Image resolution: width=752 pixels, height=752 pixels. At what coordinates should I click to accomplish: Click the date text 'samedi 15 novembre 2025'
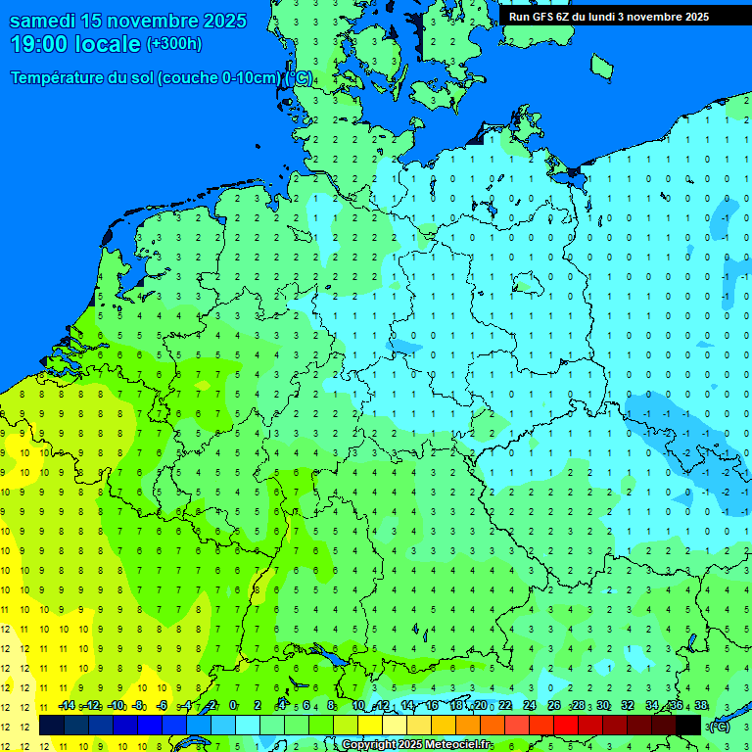coord(127,21)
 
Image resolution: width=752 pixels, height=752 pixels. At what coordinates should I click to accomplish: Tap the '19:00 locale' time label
coord(75,44)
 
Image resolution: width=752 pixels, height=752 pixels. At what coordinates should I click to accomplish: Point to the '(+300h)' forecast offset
coord(173,44)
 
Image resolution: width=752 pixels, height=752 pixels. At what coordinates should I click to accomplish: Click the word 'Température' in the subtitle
coord(58,78)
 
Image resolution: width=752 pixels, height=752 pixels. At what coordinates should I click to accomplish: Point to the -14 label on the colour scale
coord(67,706)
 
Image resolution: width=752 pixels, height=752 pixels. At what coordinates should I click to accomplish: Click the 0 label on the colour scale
coord(233,706)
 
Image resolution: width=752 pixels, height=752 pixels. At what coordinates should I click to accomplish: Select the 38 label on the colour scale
coord(700,706)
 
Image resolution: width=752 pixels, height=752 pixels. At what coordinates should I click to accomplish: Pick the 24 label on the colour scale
coord(530,706)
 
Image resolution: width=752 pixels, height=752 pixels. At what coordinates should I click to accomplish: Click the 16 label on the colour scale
coord(432,706)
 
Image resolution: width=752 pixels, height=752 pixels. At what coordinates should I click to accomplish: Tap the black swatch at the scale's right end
coord(688,726)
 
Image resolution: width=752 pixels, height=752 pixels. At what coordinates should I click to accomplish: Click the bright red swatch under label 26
coord(566,726)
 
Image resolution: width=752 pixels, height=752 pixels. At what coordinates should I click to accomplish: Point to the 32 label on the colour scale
coord(628,706)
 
